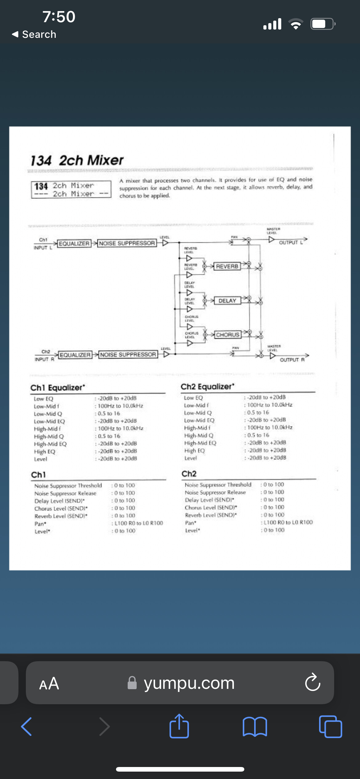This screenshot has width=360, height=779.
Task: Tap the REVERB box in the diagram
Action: [227, 266]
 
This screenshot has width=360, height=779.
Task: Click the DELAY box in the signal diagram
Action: [227, 301]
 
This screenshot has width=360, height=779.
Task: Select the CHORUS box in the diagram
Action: [228, 335]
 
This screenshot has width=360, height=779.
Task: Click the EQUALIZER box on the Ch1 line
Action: [74, 244]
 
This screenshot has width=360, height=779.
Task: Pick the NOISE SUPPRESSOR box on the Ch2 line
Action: [128, 355]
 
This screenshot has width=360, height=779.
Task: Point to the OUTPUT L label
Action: [291, 242]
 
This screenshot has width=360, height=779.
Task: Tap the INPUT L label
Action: [43, 248]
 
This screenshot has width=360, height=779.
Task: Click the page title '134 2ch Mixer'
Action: [77, 160]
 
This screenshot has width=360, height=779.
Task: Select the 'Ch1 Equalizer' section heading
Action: [58, 388]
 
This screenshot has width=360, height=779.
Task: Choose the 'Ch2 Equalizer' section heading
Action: [207, 387]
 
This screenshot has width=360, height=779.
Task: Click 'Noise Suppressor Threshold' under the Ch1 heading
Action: [68, 485]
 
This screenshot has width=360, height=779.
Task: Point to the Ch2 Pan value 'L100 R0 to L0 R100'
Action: [288, 522]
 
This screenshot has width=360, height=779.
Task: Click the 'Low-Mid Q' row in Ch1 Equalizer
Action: [48, 414]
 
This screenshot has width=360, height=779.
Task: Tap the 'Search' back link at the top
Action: [34, 34]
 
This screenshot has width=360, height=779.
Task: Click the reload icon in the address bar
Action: [313, 682]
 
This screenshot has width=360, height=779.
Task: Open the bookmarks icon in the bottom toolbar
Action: [255, 726]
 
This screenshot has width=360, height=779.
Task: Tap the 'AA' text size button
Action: [49, 683]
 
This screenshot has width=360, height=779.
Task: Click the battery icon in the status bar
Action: [322, 24]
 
